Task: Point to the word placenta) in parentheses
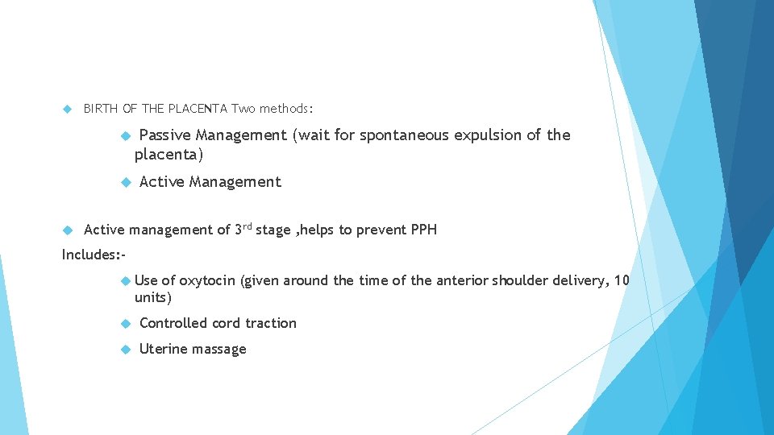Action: (x=169, y=153)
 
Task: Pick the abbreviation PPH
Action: (x=424, y=230)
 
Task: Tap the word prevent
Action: (x=381, y=230)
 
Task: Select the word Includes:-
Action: (x=94, y=255)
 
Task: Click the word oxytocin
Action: (x=207, y=280)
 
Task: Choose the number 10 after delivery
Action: (x=622, y=280)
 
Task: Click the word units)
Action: (x=153, y=298)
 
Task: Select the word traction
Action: (x=271, y=323)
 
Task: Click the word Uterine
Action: (x=162, y=349)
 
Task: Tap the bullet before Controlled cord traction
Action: (x=125, y=324)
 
